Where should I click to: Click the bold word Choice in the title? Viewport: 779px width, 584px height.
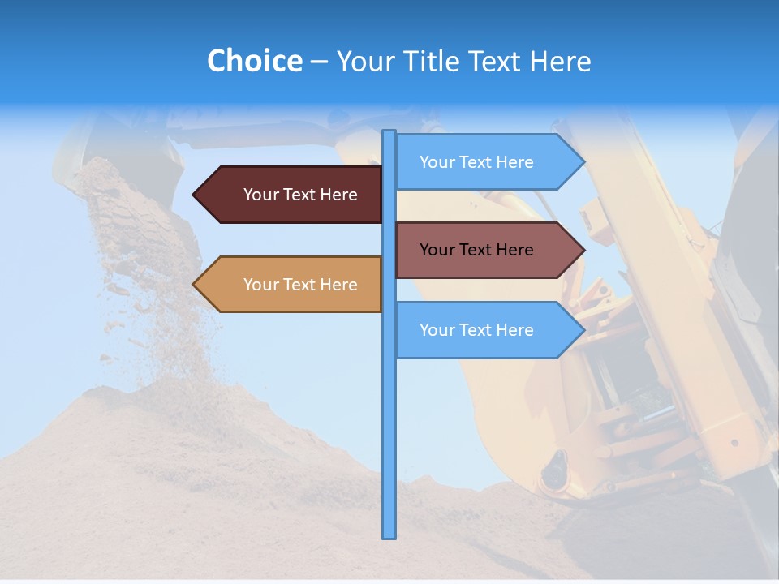254,61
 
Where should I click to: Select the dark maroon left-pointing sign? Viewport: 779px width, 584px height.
292,195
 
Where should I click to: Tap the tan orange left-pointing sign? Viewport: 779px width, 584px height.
292,285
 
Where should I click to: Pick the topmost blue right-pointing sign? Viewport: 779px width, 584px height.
483,162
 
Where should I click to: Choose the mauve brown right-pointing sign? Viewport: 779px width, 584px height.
483,250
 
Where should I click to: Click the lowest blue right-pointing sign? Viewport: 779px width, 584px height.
483,330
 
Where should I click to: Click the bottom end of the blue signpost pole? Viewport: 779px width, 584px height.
389,535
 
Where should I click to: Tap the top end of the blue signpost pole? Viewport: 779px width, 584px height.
389,133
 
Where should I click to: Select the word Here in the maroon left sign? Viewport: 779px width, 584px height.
338,195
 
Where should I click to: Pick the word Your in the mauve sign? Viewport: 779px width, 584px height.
437,250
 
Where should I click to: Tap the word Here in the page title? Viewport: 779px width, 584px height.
560,61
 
